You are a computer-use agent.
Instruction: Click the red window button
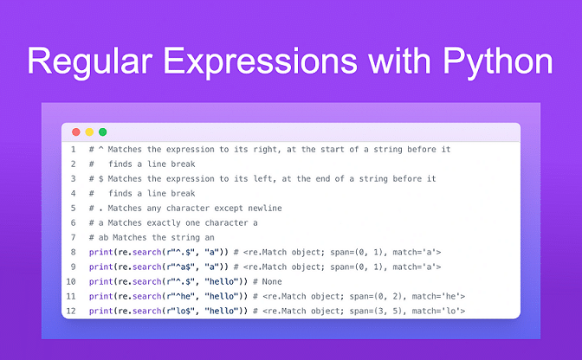(x=76, y=132)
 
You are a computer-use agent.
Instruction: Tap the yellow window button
(x=89, y=132)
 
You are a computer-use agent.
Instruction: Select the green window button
(x=103, y=132)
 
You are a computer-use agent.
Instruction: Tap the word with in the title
(x=399, y=60)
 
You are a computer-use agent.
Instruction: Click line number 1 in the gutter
(x=73, y=150)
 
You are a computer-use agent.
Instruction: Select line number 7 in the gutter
(x=73, y=237)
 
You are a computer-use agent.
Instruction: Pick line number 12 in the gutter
(x=71, y=311)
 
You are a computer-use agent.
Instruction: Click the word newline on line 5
(x=265, y=208)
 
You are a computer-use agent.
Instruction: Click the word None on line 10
(x=272, y=282)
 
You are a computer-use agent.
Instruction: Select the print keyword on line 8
(x=101, y=253)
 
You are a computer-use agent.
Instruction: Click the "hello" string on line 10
(x=222, y=281)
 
